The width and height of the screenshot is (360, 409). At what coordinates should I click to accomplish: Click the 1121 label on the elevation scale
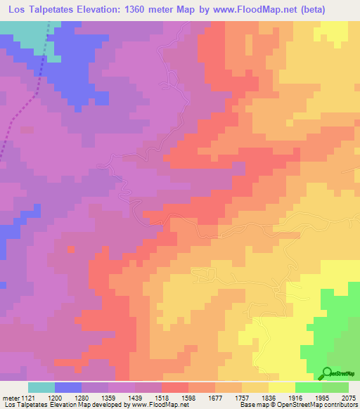coord(27,398)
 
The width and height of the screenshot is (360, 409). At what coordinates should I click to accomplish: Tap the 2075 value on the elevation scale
coord(348,398)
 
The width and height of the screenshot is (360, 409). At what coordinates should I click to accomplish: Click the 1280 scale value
coord(82,398)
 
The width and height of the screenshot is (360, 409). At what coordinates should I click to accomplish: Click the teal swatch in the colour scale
coord(41,387)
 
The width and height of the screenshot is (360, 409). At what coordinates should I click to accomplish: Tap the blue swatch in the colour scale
coord(68,387)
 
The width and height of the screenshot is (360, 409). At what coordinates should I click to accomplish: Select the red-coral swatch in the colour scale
coord(175,387)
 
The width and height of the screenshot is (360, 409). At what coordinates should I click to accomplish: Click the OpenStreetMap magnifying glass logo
coord(328,373)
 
